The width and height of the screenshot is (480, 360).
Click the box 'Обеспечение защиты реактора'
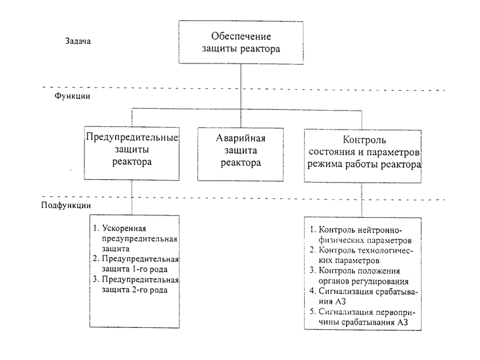click(x=241, y=43)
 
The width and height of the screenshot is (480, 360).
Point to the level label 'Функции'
click(x=72, y=96)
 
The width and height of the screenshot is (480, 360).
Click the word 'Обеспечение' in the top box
click(x=241, y=35)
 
